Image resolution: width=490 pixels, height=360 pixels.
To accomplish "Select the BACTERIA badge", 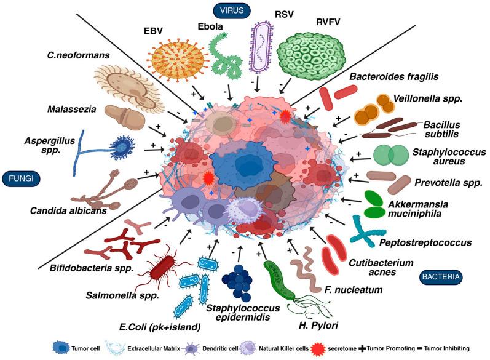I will pyautogui.click(x=441, y=278).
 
